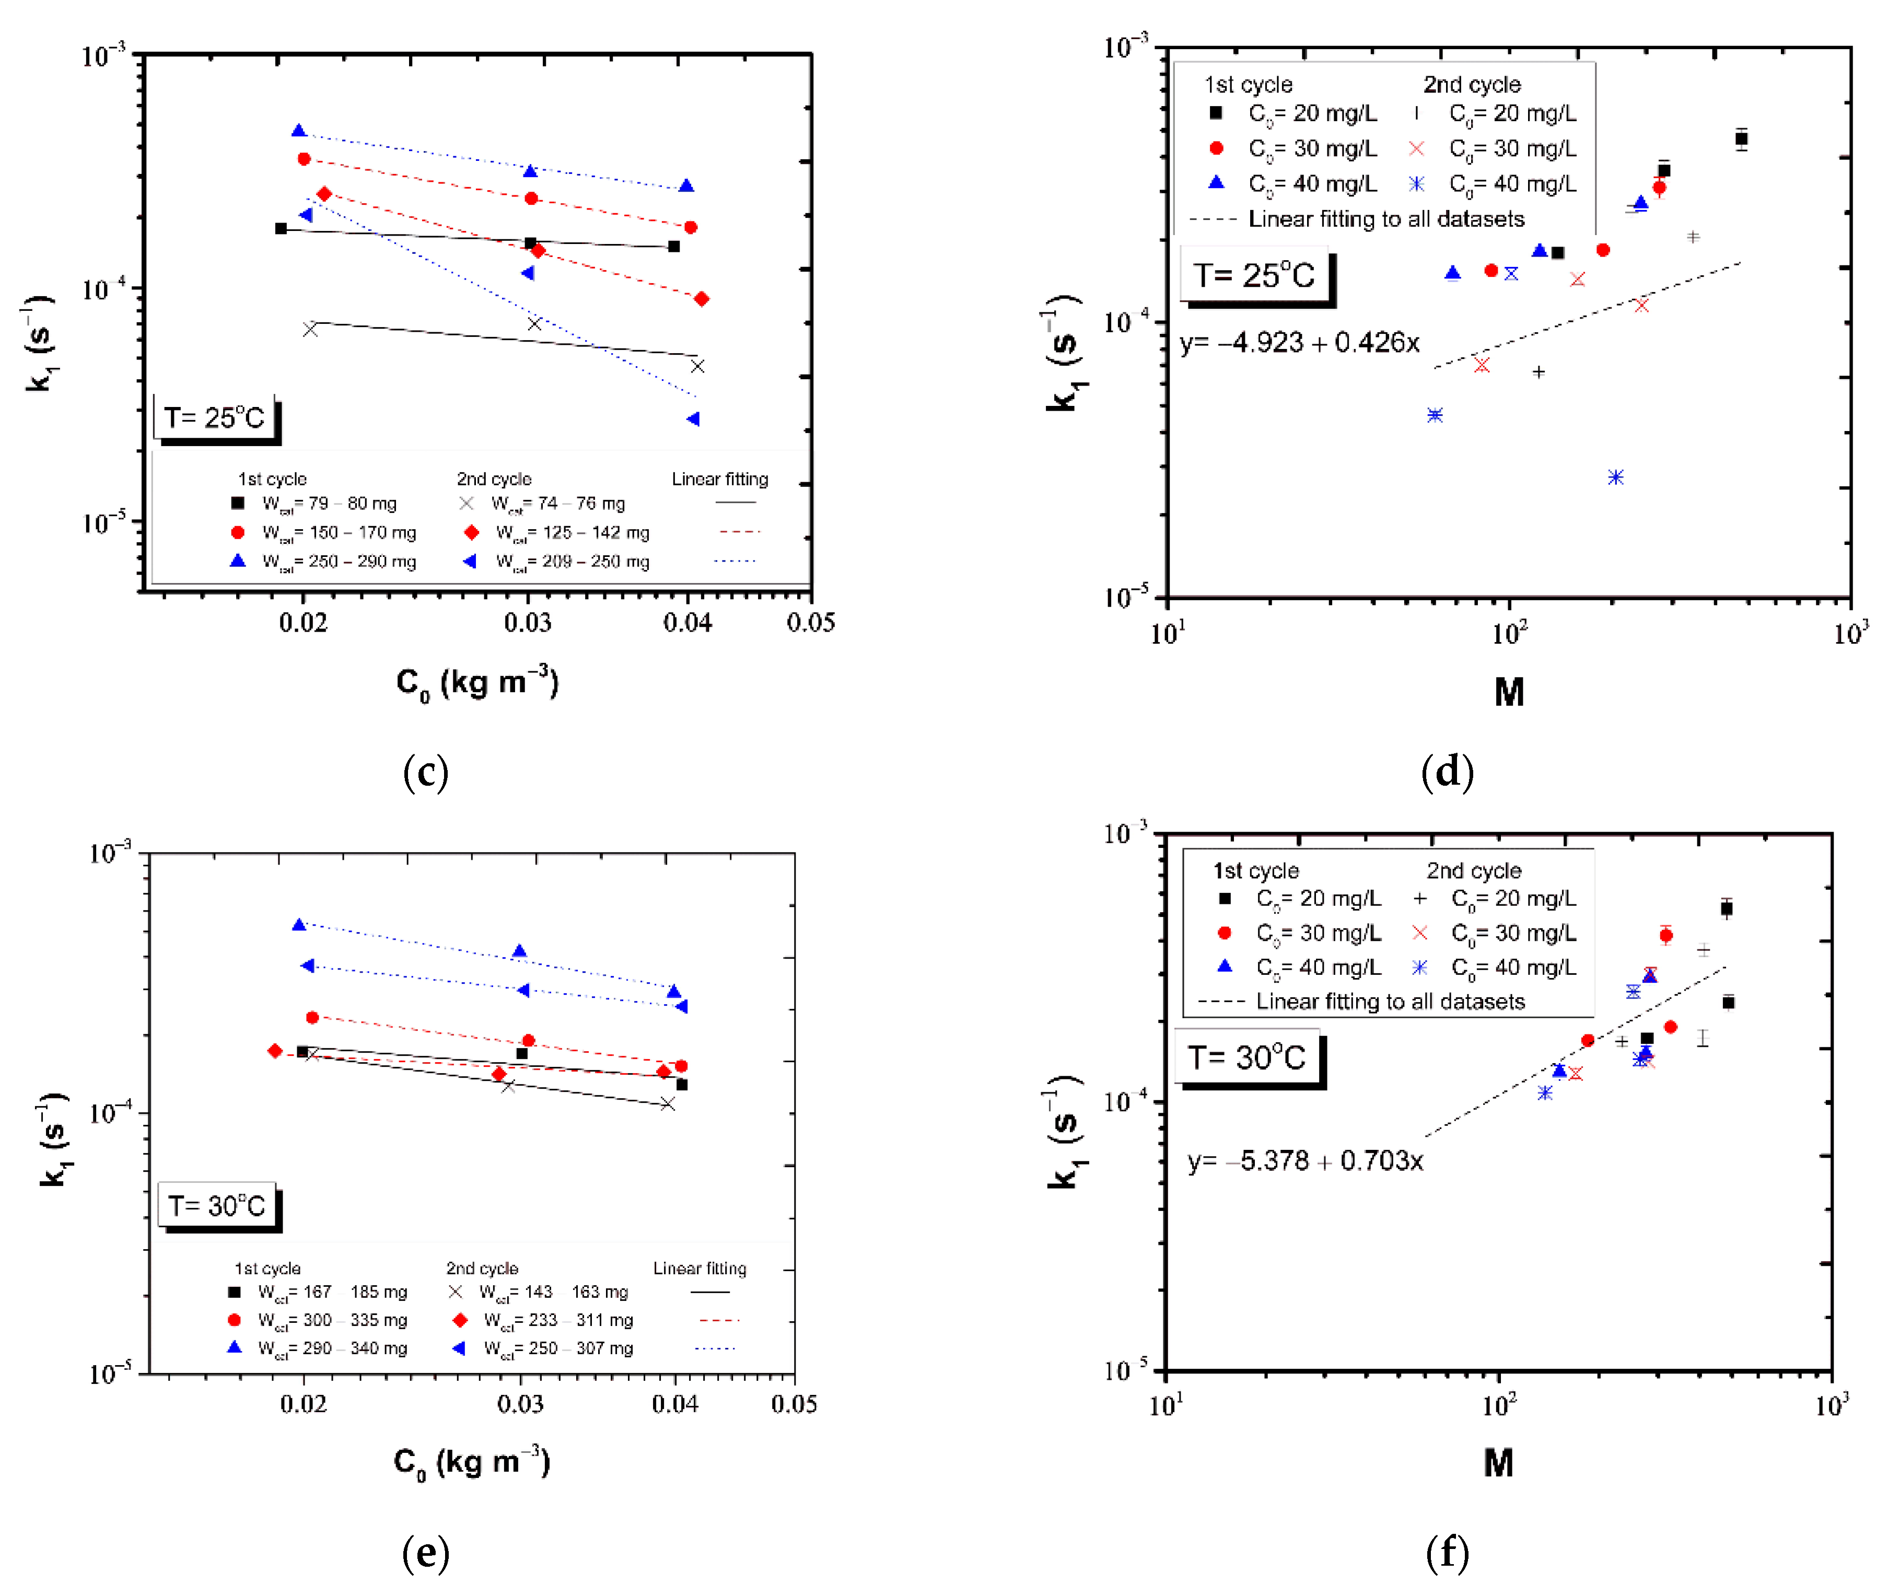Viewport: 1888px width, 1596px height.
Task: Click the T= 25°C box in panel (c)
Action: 215,418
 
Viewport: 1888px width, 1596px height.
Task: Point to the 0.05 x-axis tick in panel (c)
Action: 811,623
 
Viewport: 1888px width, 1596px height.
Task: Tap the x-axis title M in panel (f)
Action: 1498,1463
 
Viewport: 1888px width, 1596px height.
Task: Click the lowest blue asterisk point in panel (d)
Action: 1616,477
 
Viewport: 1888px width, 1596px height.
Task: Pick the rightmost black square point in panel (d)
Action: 1741,138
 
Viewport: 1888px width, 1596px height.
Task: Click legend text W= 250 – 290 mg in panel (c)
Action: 339,562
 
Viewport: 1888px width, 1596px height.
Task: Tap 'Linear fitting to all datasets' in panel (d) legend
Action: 1386,219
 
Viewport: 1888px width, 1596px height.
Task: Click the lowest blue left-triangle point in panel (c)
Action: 693,419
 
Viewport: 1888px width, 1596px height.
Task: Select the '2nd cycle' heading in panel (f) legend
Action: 1474,870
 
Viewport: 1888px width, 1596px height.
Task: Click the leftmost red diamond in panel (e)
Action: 275,1051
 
